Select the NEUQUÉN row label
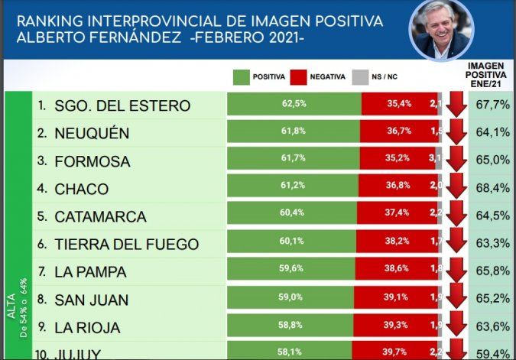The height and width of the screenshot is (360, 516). [92, 134]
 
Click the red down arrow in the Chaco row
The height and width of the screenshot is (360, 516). [456, 189]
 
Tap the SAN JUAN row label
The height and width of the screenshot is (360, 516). [91, 300]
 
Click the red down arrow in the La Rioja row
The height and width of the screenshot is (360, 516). [456, 327]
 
